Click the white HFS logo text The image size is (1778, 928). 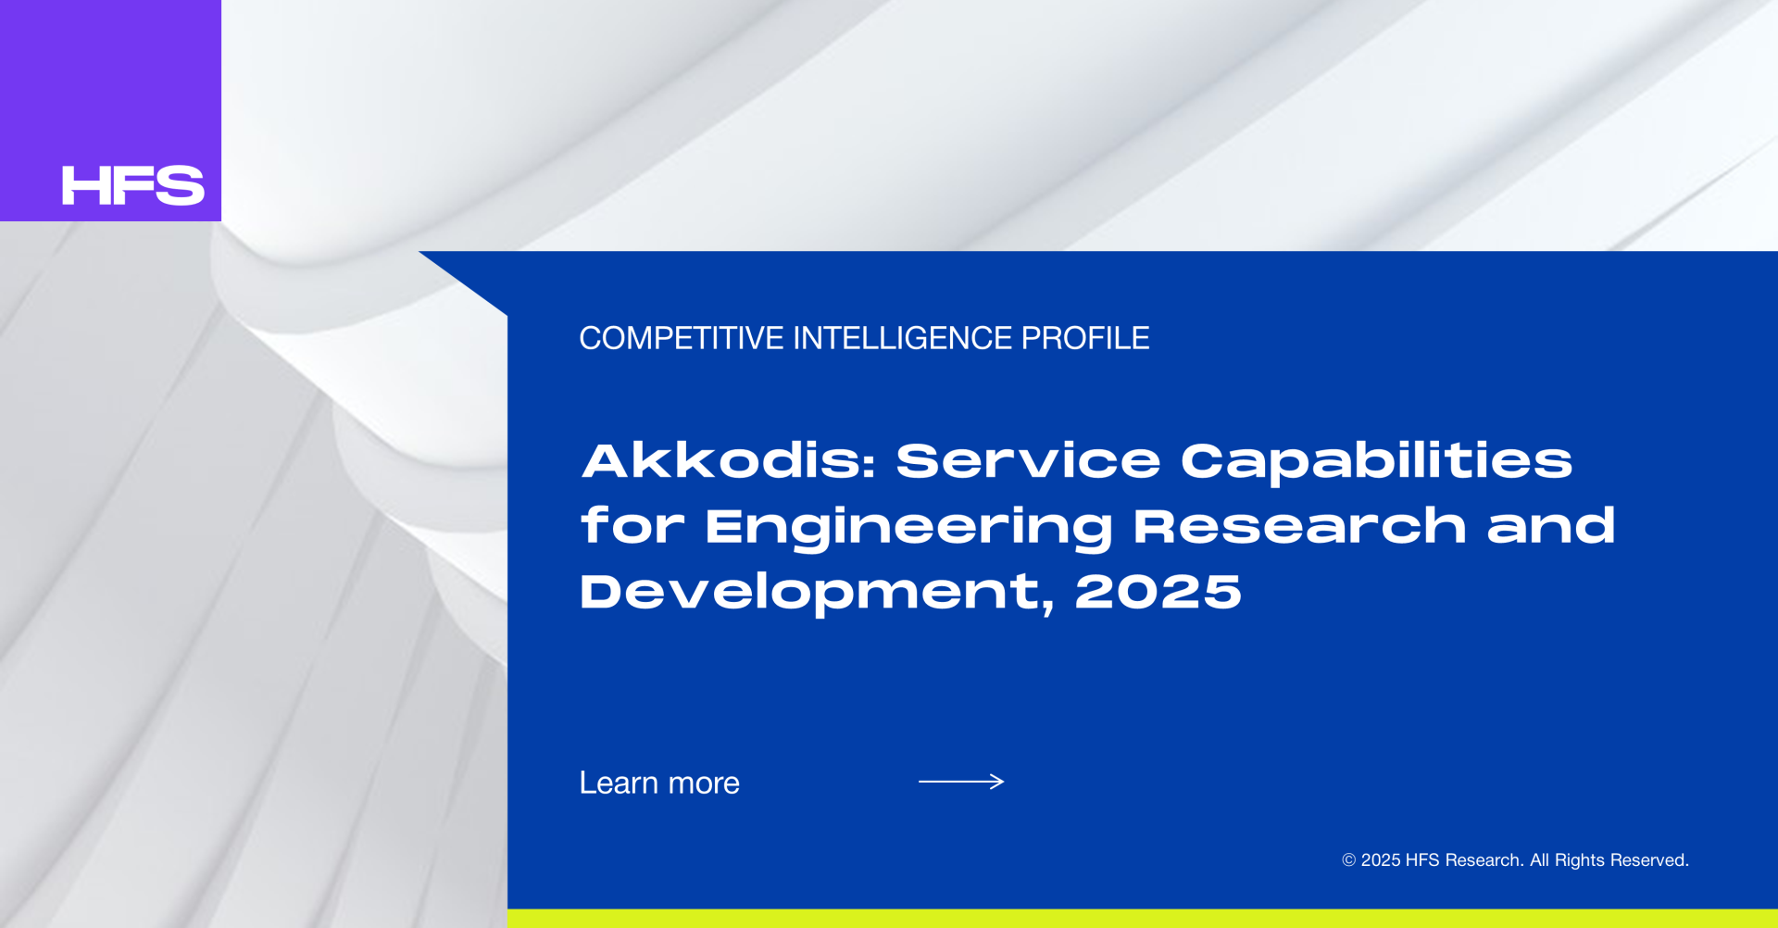click(x=133, y=185)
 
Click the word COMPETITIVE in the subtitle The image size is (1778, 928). click(x=682, y=338)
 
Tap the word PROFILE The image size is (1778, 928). click(x=1085, y=338)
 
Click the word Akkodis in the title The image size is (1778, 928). click(x=729, y=460)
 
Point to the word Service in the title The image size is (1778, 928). click(x=1028, y=460)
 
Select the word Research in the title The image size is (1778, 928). click(x=1300, y=526)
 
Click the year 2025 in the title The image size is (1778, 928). click(x=1158, y=592)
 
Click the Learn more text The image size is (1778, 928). click(x=659, y=784)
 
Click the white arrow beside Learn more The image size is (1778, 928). click(x=961, y=782)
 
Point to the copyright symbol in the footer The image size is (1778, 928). click(x=1349, y=860)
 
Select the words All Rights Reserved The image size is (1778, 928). click(x=1609, y=860)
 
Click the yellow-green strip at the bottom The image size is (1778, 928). click(x=1143, y=919)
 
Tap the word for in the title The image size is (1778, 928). click(x=632, y=526)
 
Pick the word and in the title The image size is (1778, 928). click(x=1551, y=526)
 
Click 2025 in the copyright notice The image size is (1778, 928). click(x=1381, y=860)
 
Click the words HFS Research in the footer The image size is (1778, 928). click(x=1464, y=860)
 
